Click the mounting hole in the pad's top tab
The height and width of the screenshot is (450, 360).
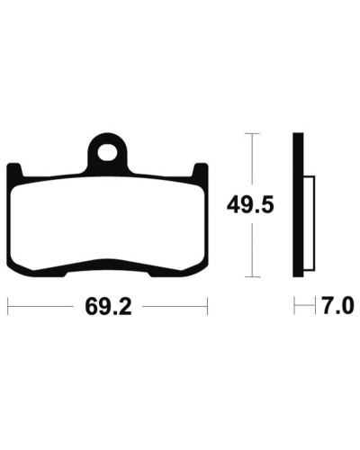pyautogui.click(x=107, y=152)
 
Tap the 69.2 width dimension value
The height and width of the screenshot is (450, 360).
pyautogui.click(x=108, y=307)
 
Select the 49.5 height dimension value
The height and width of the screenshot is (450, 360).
pyautogui.click(x=250, y=205)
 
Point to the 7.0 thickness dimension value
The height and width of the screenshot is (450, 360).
pyautogui.click(x=338, y=306)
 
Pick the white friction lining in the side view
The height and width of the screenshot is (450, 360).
pyautogui.click(x=309, y=223)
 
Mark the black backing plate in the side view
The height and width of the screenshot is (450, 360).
pyautogui.click(x=298, y=204)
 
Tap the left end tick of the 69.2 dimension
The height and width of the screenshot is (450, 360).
pyautogui.click(x=8, y=306)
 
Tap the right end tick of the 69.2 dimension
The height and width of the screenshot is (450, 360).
pyautogui.click(x=207, y=306)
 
